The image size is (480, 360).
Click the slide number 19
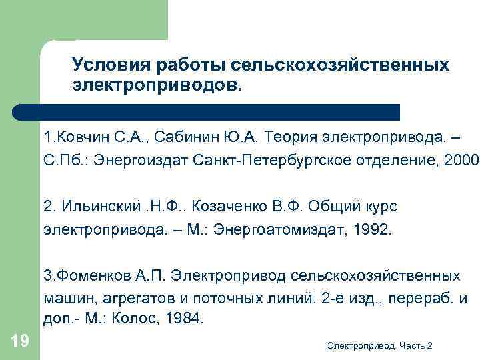(20, 341)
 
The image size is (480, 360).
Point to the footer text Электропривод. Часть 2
(381, 345)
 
